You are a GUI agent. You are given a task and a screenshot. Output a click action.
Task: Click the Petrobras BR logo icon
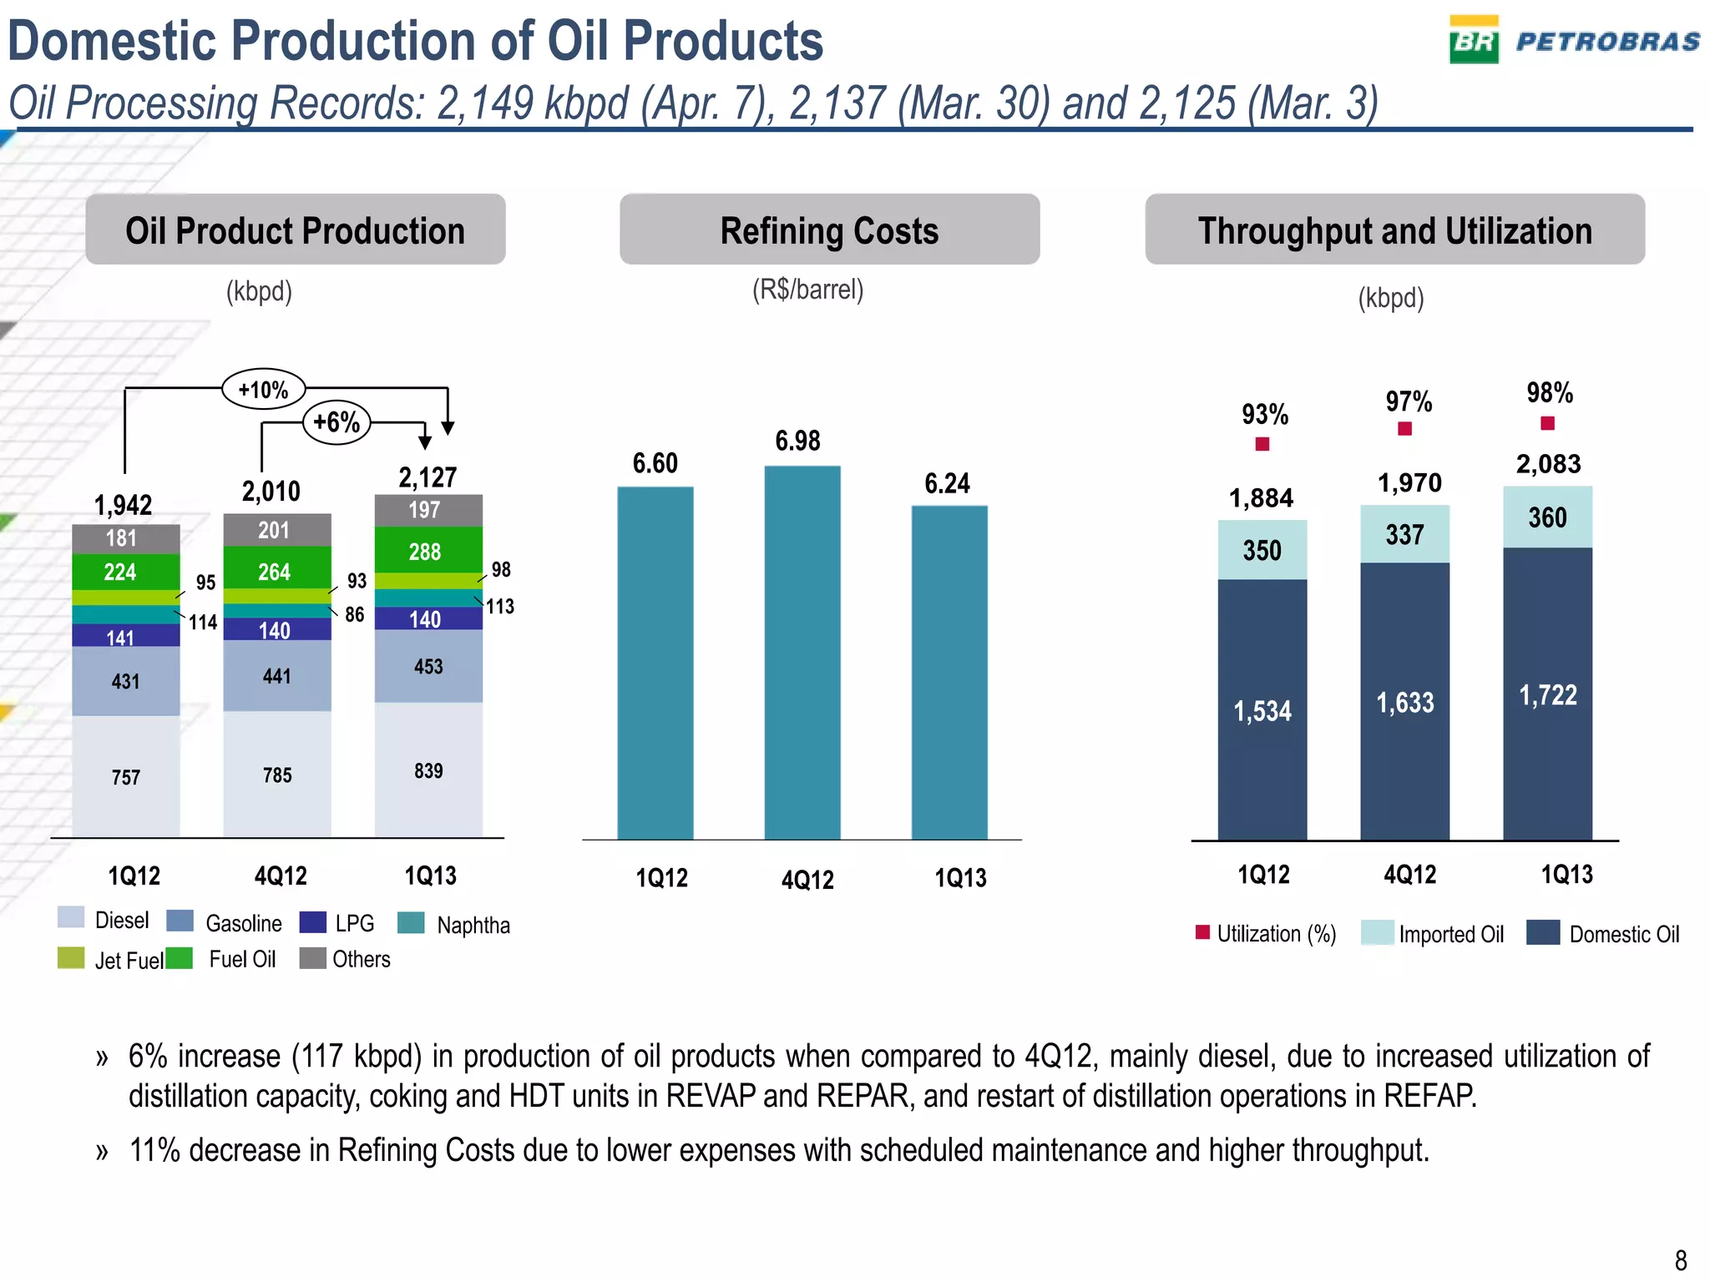(x=1474, y=40)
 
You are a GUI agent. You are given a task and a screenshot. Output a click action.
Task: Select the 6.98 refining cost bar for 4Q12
(x=802, y=651)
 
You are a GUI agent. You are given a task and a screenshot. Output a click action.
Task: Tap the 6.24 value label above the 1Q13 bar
(x=947, y=483)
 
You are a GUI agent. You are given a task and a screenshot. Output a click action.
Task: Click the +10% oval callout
(x=263, y=389)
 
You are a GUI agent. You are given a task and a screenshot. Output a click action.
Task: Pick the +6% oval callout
(x=336, y=422)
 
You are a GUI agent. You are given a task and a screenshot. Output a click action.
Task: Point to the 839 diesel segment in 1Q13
(x=428, y=770)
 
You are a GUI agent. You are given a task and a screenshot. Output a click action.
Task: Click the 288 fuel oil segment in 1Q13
(x=425, y=551)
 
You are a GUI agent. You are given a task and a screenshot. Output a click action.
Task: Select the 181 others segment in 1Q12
(x=122, y=538)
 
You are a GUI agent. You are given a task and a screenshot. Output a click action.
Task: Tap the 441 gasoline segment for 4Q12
(x=277, y=675)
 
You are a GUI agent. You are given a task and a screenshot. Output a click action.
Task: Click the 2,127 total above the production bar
(x=427, y=477)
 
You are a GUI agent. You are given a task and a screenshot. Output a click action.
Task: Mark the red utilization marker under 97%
(x=1405, y=429)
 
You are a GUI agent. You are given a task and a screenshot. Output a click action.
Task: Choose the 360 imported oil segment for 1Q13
(x=1547, y=517)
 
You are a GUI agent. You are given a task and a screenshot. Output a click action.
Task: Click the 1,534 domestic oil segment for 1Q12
(x=1262, y=710)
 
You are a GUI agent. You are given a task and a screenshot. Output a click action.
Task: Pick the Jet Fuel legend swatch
(x=71, y=958)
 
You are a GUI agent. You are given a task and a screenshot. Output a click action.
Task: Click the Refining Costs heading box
(x=829, y=230)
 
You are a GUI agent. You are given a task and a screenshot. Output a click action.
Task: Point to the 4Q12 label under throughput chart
(x=1409, y=875)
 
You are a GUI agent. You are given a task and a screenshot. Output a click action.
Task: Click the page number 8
(x=1681, y=1259)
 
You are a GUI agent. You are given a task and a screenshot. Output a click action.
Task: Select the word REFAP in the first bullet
(x=1429, y=1096)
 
